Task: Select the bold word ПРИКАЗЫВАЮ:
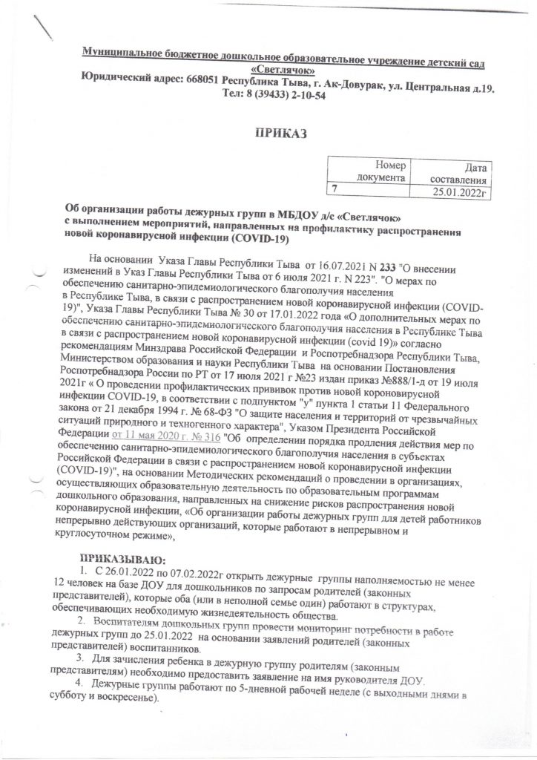point(124,558)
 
